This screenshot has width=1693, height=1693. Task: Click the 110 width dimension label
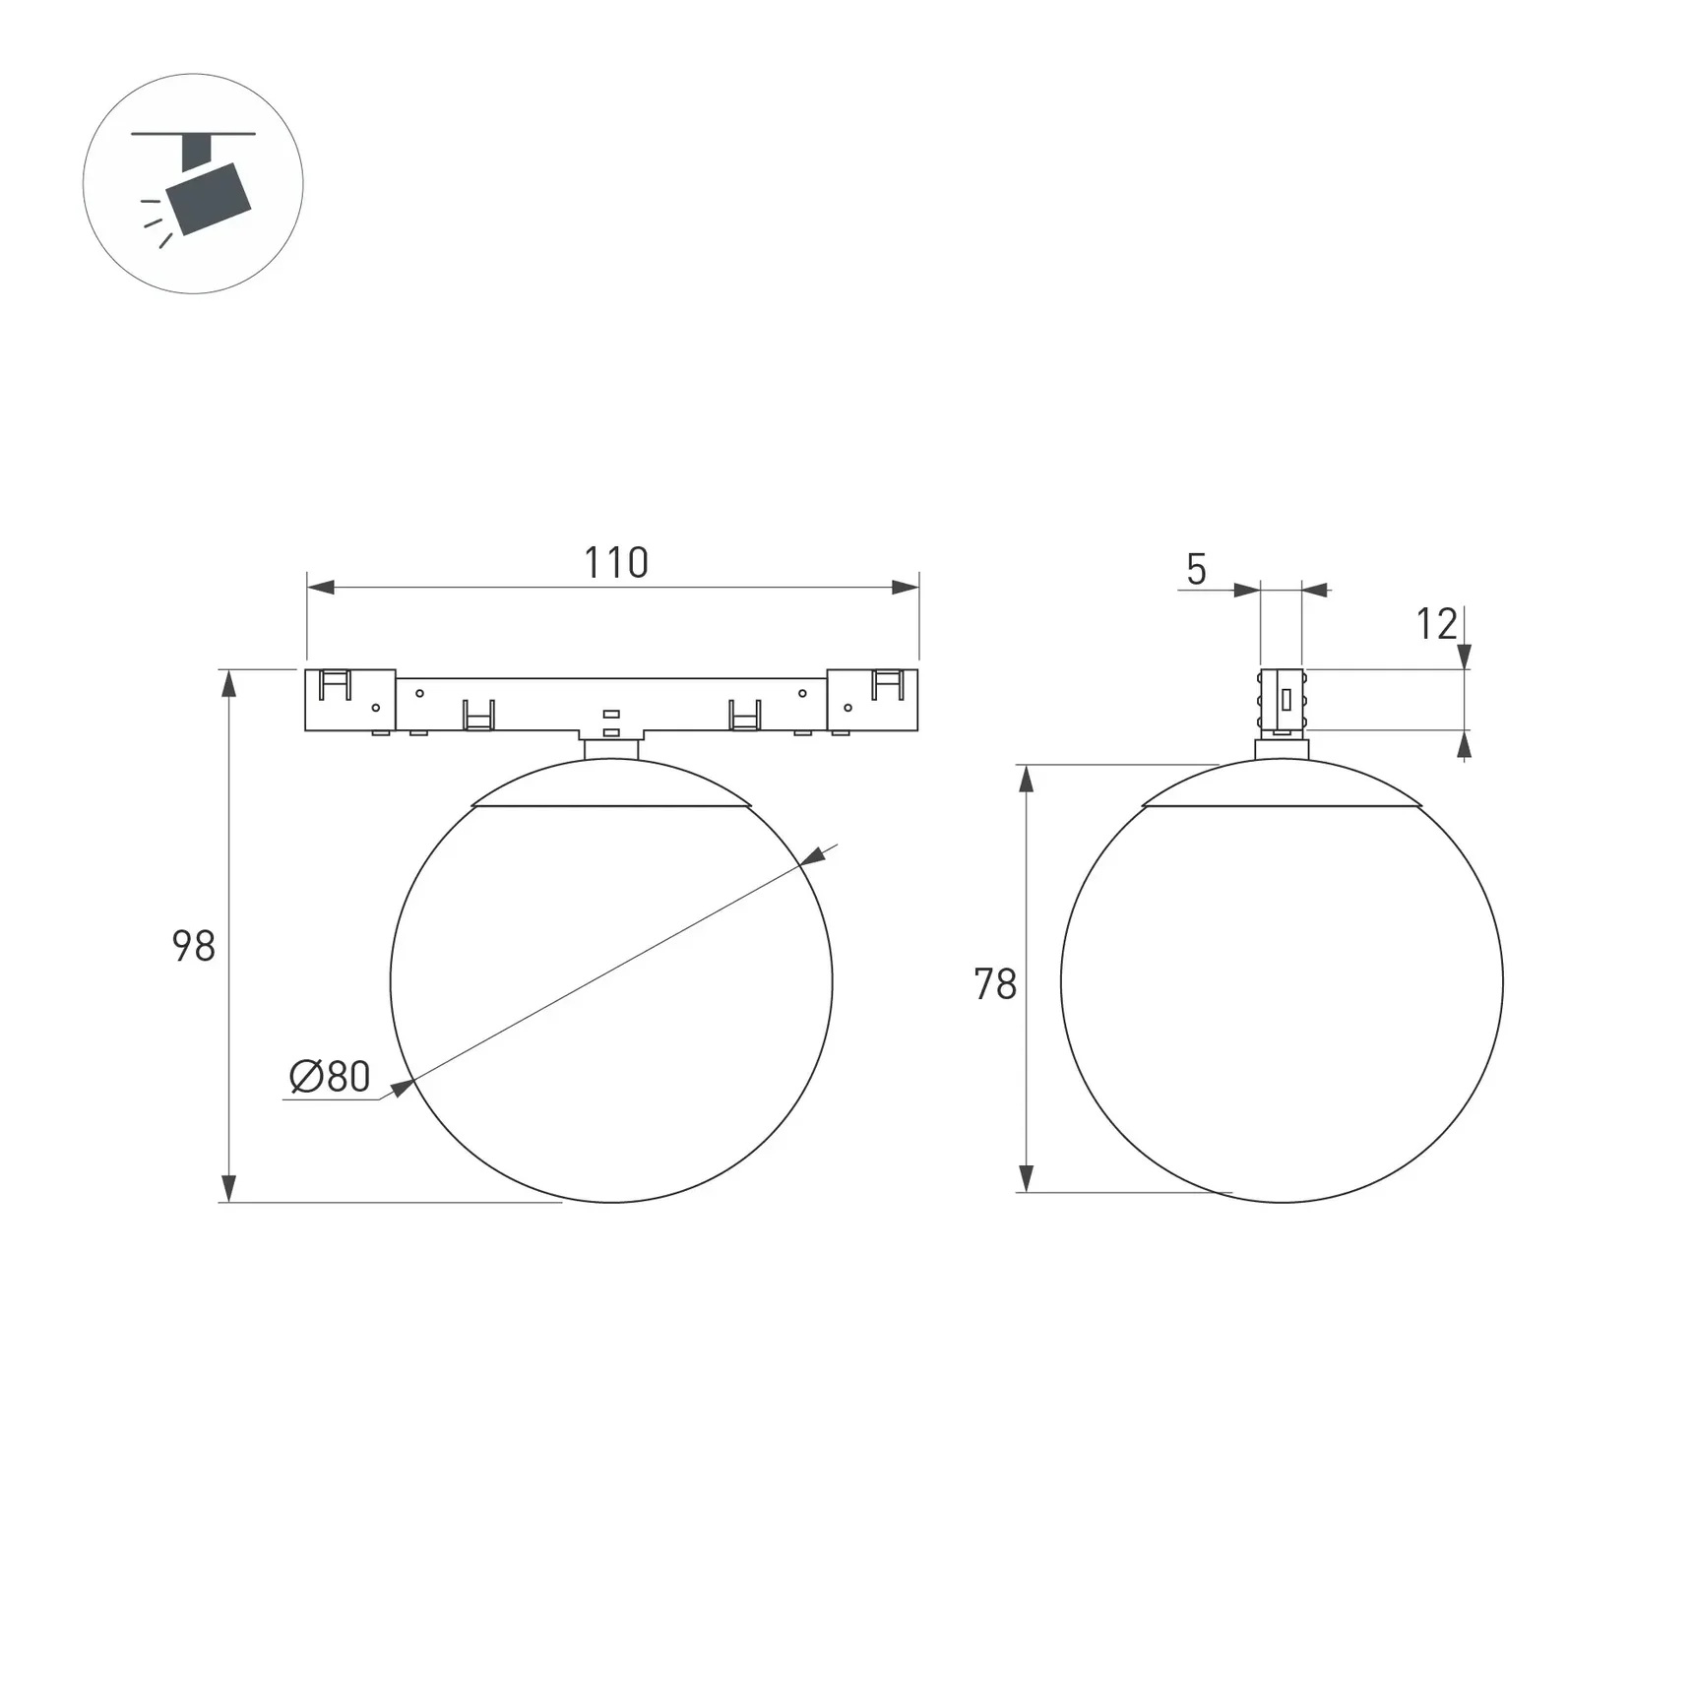(616, 563)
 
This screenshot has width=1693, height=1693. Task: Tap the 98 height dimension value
(194, 946)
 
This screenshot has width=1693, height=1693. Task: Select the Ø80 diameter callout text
(331, 1077)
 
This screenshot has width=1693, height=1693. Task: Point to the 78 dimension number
(995, 984)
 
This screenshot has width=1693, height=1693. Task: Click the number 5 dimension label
(1196, 570)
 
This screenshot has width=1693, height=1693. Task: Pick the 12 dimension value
(1436, 624)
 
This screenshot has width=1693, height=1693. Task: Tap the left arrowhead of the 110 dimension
(321, 588)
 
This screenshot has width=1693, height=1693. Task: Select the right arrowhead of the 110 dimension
(905, 588)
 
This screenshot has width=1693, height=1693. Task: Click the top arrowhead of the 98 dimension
(229, 683)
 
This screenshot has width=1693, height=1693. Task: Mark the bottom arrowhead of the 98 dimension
(229, 1188)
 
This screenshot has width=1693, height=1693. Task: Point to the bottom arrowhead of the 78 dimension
(1026, 1178)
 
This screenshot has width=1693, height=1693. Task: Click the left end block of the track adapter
(349, 700)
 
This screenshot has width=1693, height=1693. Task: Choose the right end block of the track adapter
(872, 700)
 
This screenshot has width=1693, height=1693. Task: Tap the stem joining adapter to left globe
(611, 749)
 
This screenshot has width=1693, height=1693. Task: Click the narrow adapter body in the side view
(1282, 700)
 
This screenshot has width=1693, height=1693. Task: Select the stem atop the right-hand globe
(1282, 749)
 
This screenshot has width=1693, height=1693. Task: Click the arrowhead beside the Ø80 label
(402, 1088)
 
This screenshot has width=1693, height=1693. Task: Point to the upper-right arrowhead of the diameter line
(813, 857)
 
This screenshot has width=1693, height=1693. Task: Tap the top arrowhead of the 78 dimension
(1026, 780)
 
